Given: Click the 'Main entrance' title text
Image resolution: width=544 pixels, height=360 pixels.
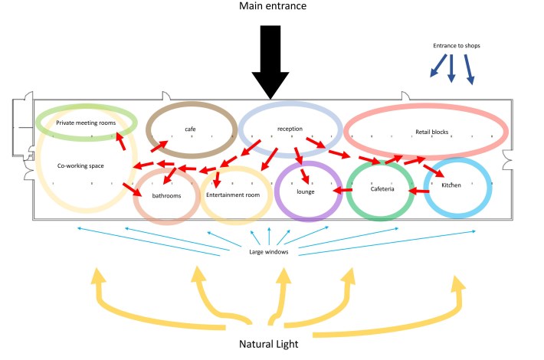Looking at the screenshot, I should (271, 8).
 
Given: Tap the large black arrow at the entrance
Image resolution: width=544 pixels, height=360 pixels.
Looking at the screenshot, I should (270, 61).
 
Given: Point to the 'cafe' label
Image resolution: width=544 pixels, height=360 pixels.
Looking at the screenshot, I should (190, 129).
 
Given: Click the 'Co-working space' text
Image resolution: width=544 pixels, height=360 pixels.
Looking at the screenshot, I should (81, 165).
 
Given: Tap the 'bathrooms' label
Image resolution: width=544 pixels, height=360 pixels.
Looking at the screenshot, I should (166, 196).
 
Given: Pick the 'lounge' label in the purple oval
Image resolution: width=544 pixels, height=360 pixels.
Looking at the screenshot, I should (306, 191).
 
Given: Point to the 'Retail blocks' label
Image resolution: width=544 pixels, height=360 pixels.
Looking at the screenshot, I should (431, 132).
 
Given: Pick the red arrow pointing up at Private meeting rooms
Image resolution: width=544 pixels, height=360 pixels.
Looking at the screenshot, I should (121, 140).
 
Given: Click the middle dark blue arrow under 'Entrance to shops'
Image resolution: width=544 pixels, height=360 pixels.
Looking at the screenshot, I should (451, 71).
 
